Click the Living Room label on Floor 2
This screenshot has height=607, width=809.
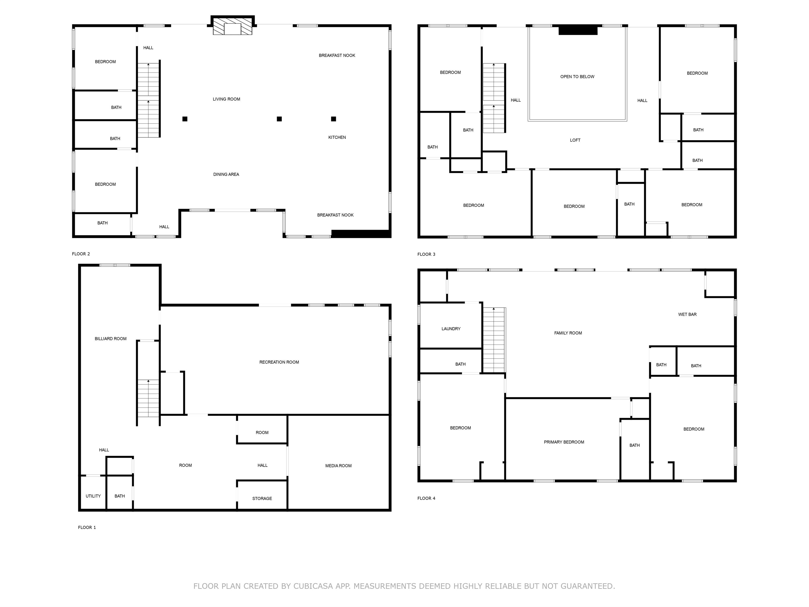tap(226, 99)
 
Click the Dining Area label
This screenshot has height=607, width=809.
tap(226, 174)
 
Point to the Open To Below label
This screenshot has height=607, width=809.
tap(577, 77)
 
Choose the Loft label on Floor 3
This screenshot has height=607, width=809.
tap(575, 140)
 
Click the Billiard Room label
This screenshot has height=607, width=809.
tap(111, 339)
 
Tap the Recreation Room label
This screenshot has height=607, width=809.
tap(279, 362)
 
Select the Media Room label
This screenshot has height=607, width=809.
tap(338, 466)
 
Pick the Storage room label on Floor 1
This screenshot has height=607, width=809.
tap(262, 499)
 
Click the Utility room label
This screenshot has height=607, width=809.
tap(93, 496)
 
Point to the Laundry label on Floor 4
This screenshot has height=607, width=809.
tap(451, 329)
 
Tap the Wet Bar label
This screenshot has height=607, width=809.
tap(687, 314)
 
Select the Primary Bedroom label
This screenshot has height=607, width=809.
tap(563, 442)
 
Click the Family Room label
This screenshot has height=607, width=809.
tap(568, 333)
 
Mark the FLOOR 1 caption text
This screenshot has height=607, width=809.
tap(87, 527)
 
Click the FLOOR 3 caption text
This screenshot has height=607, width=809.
tap(426, 254)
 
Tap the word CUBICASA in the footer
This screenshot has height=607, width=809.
tap(313, 586)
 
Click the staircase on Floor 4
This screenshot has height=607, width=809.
tap(494, 340)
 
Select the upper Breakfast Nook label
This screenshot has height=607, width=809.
tap(337, 56)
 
